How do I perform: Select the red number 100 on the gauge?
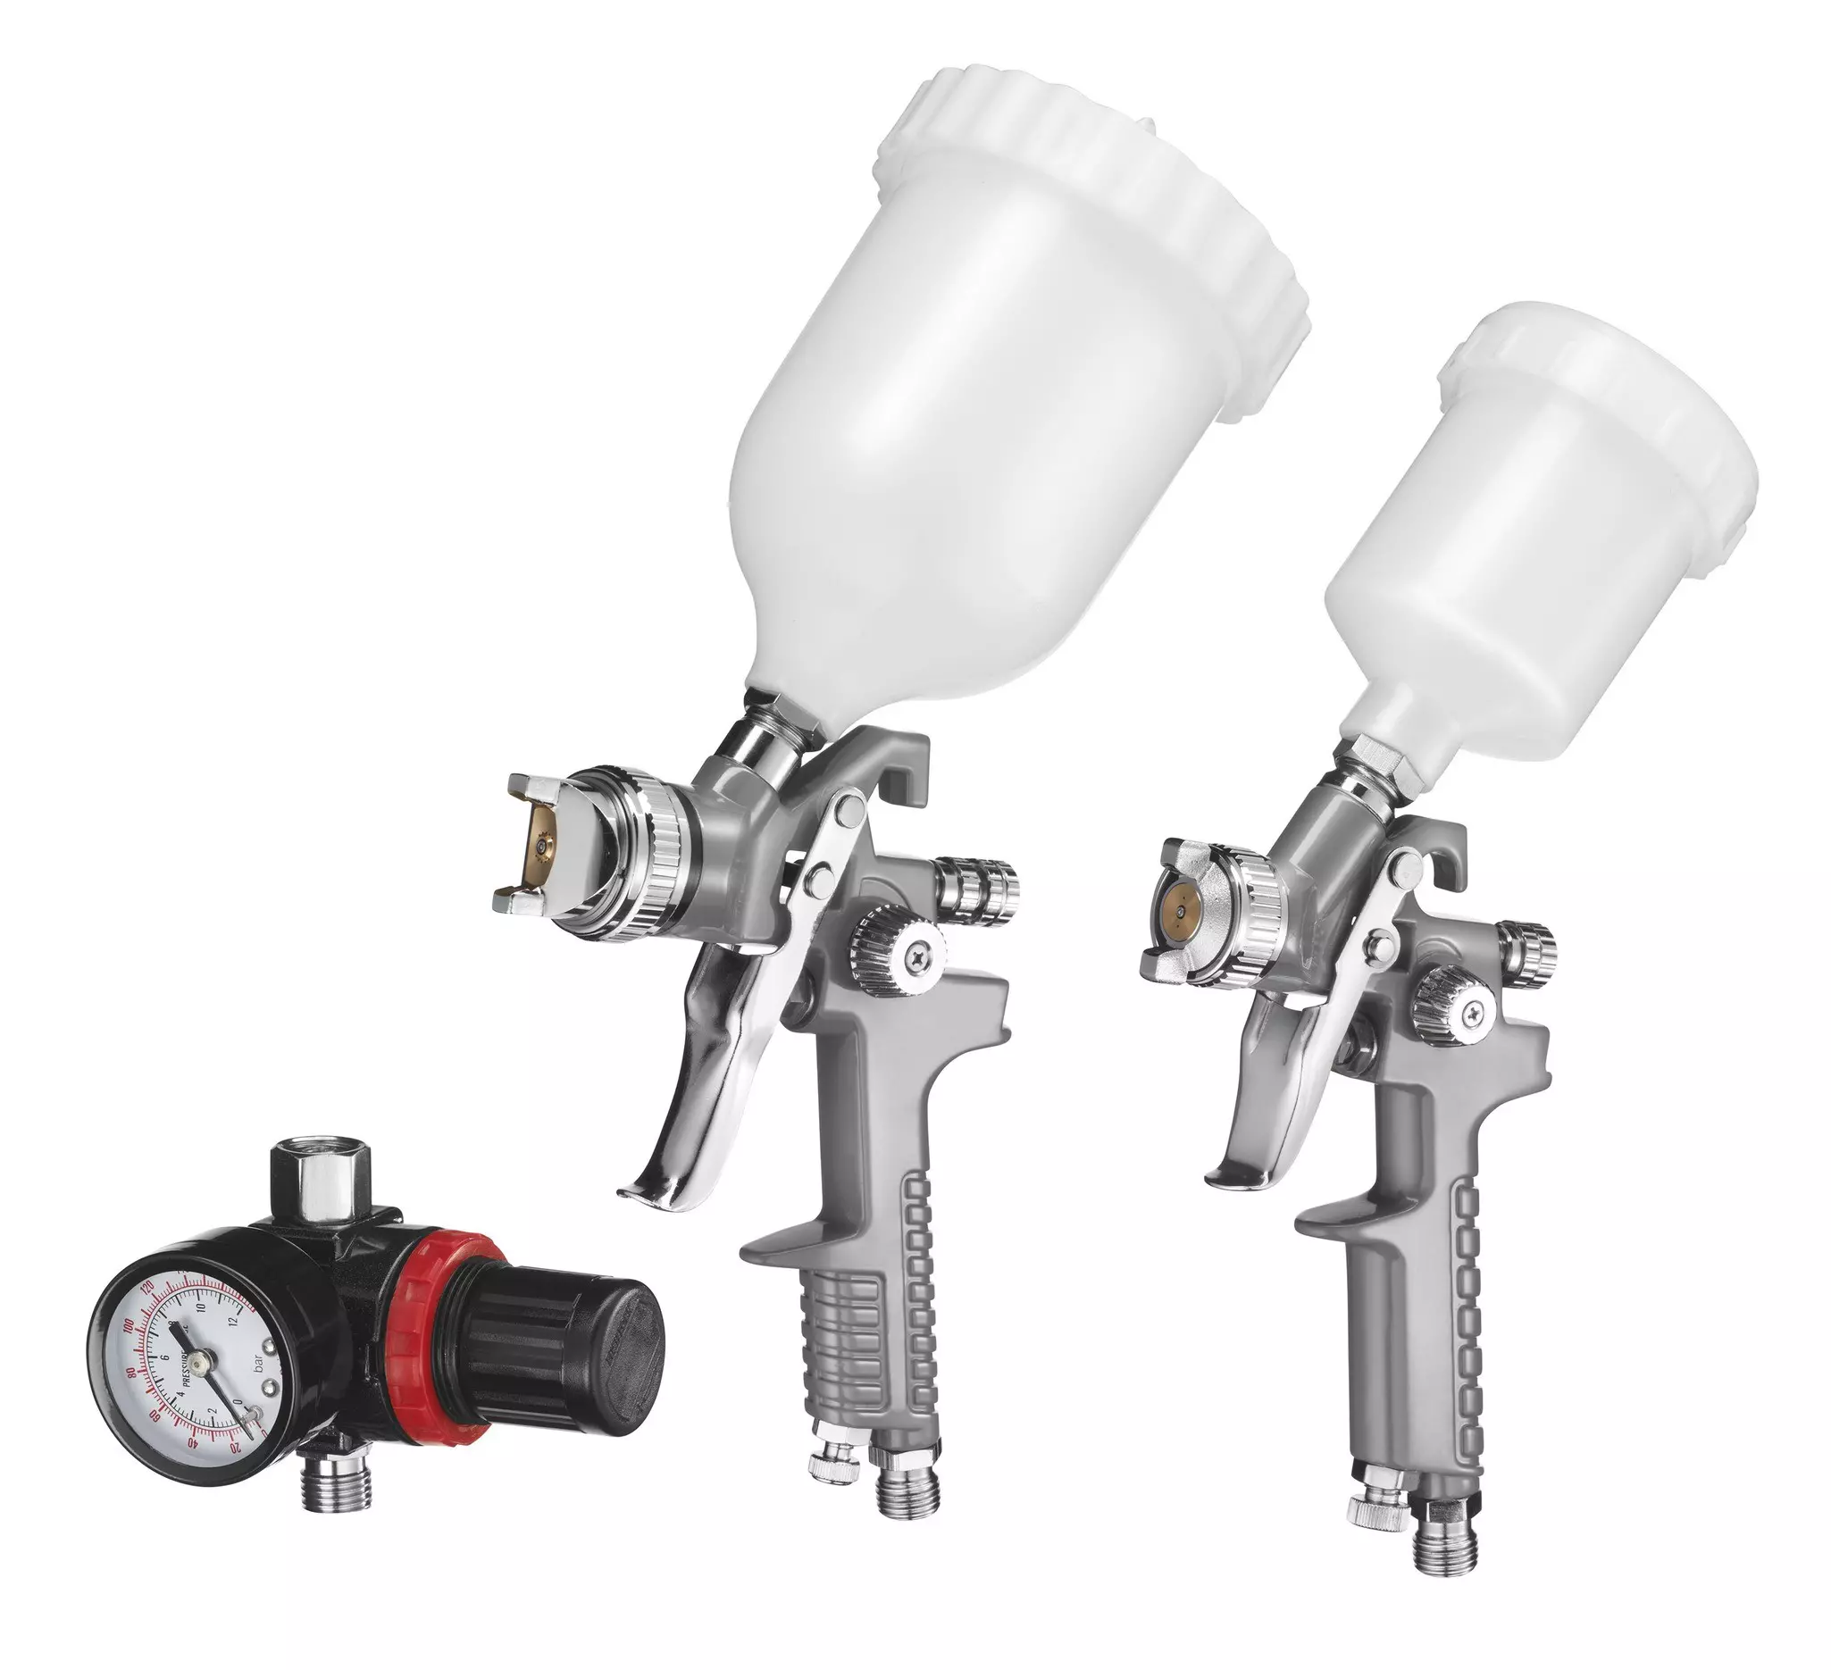coord(130,1328)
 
